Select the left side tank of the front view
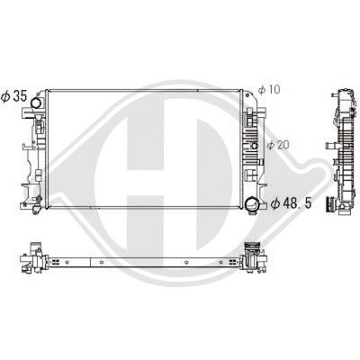(x=36, y=157)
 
